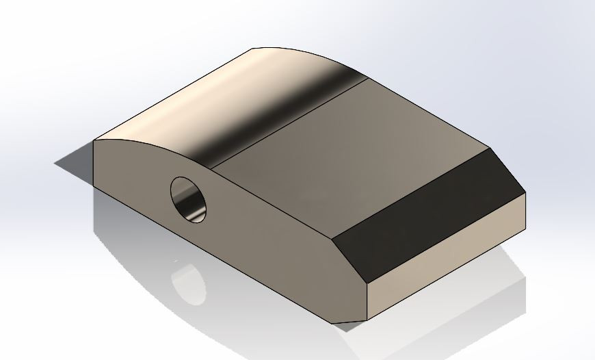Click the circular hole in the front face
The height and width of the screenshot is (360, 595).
(x=188, y=200)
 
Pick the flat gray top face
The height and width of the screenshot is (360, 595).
(x=342, y=157)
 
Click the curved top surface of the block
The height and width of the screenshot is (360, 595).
(x=226, y=103)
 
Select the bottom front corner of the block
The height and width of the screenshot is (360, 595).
(x=368, y=320)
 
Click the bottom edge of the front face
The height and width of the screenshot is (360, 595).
(x=226, y=253)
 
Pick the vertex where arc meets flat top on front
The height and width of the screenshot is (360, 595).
(x=211, y=169)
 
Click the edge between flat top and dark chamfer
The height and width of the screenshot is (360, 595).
(x=410, y=192)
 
